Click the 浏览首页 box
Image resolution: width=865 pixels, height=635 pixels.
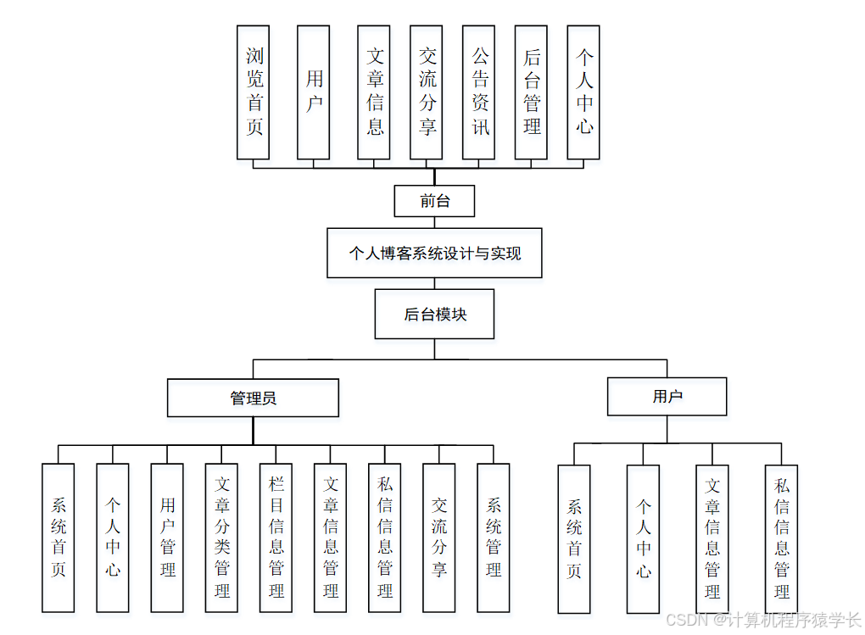pyautogui.click(x=254, y=92)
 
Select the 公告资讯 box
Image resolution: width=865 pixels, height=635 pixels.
pyautogui.click(x=478, y=92)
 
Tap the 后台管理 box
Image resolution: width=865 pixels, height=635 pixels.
pyautogui.click(x=531, y=92)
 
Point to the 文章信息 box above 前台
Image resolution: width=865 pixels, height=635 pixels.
pyautogui.click(x=374, y=92)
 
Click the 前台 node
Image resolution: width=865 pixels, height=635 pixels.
pyautogui.click(x=434, y=201)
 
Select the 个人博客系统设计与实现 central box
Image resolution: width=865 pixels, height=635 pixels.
pyautogui.click(x=434, y=253)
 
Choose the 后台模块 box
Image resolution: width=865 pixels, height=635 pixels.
pyautogui.click(x=434, y=315)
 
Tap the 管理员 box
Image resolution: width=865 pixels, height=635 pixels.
pyautogui.click(x=253, y=398)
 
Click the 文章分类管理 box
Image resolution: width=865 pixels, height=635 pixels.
pyautogui.click(x=221, y=538)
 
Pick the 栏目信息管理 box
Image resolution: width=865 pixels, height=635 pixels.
pyautogui.click(x=276, y=538)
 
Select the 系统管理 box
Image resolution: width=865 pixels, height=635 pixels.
pyautogui.click(x=493, y=538)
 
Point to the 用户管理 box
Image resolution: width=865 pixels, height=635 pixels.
pyautogui.click(x=167, y=538)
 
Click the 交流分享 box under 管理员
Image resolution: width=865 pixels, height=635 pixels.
pyautogui.click(x=438, y=538)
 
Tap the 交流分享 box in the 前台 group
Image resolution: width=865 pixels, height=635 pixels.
pyautogui.click(x=426, y=92)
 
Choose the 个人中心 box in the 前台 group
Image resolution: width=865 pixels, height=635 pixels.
pyautogui.click(x=583, y=92)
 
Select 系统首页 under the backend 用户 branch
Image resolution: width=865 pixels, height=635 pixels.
pyautogui.click(x=574, y=538)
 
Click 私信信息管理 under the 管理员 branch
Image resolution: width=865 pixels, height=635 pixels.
pyautogui.click(x=384, y=538)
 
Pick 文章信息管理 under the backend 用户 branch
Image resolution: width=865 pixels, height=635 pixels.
pyautogui.click(x=712, y=538)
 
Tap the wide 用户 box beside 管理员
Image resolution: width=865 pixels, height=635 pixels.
pyautogui.click(x=667, y=396)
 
